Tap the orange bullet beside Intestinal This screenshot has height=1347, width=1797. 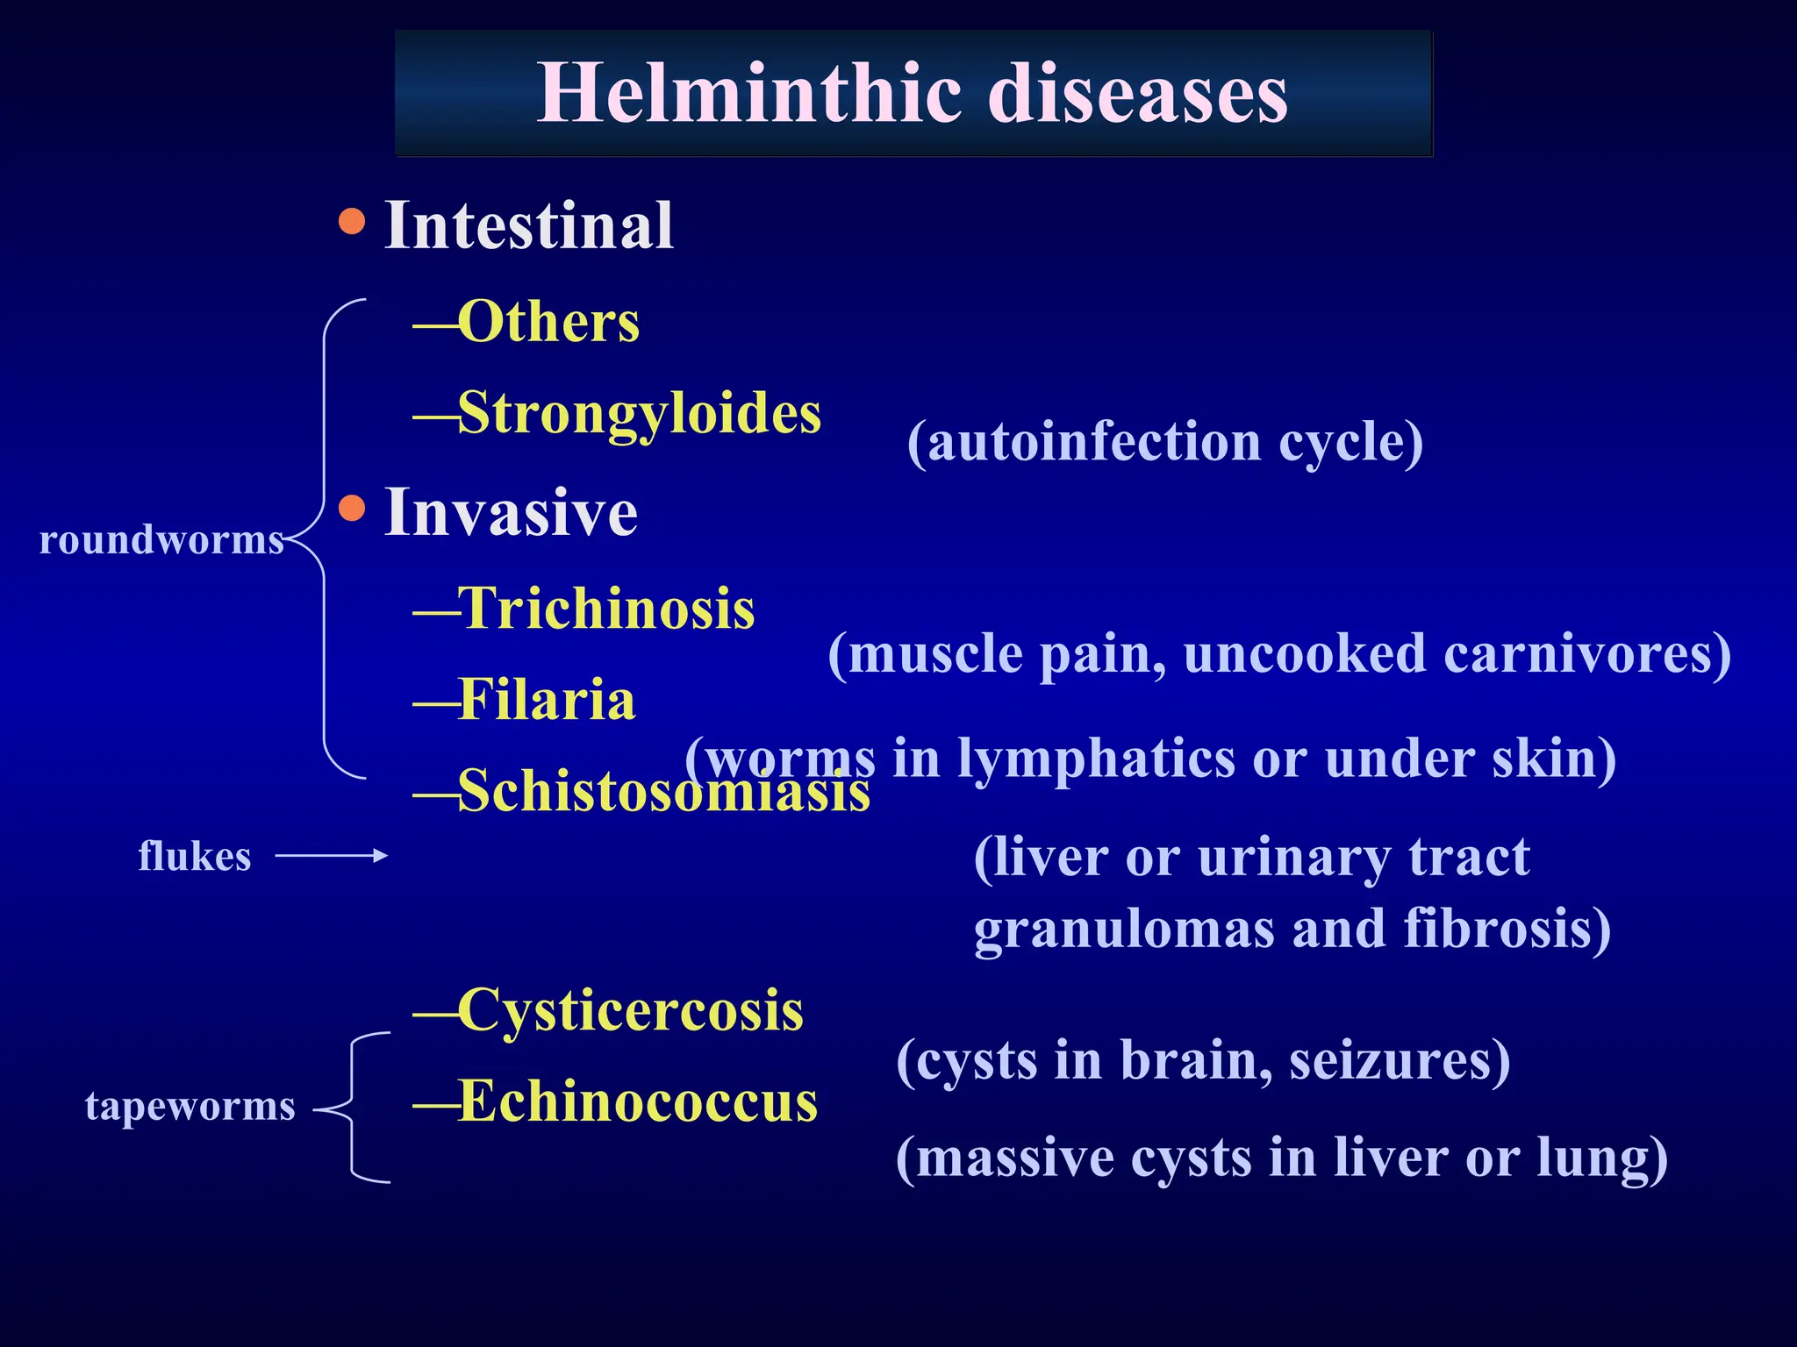point(352,221)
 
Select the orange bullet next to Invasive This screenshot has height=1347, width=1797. point(352,508)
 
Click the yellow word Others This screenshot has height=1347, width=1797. point(548,322)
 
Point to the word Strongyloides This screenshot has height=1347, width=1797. point(640,413)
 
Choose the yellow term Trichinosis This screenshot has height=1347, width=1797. point(605,609)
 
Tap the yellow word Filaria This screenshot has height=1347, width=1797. point(546,700)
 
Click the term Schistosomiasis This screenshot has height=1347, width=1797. point(663,791)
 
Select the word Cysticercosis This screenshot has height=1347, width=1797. point(630,1010)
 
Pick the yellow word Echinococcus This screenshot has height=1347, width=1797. point(638,1101)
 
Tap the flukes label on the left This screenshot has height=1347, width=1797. point(195,856)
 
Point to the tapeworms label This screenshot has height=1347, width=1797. point(190,1106)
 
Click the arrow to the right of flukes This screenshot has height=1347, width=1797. point(331,856)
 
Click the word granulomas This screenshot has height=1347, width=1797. point(1124,929)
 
